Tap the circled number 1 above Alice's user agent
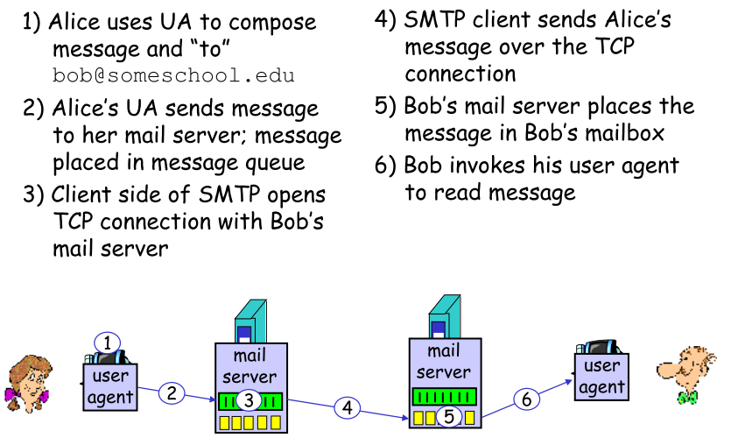[107, 343]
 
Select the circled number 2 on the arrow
[172, 393]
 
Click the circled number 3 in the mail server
[249, 401]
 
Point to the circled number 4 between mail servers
[348, 407]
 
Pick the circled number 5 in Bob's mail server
[448, 417]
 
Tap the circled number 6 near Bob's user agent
[525, 399]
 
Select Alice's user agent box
[109, 386]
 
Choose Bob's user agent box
[601, 377]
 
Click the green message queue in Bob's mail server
[443, 396]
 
